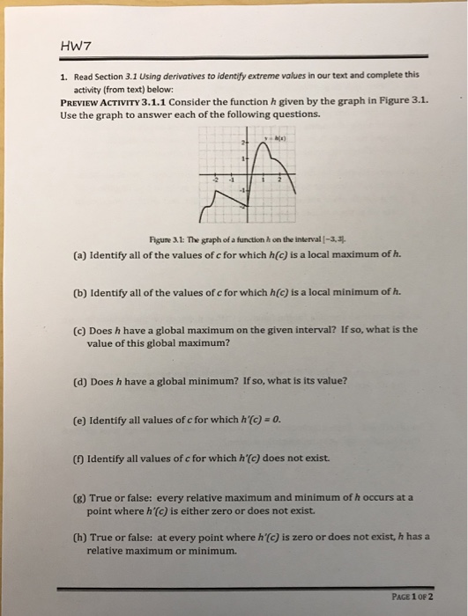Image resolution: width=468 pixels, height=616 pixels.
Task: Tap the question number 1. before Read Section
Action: (64, 77)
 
